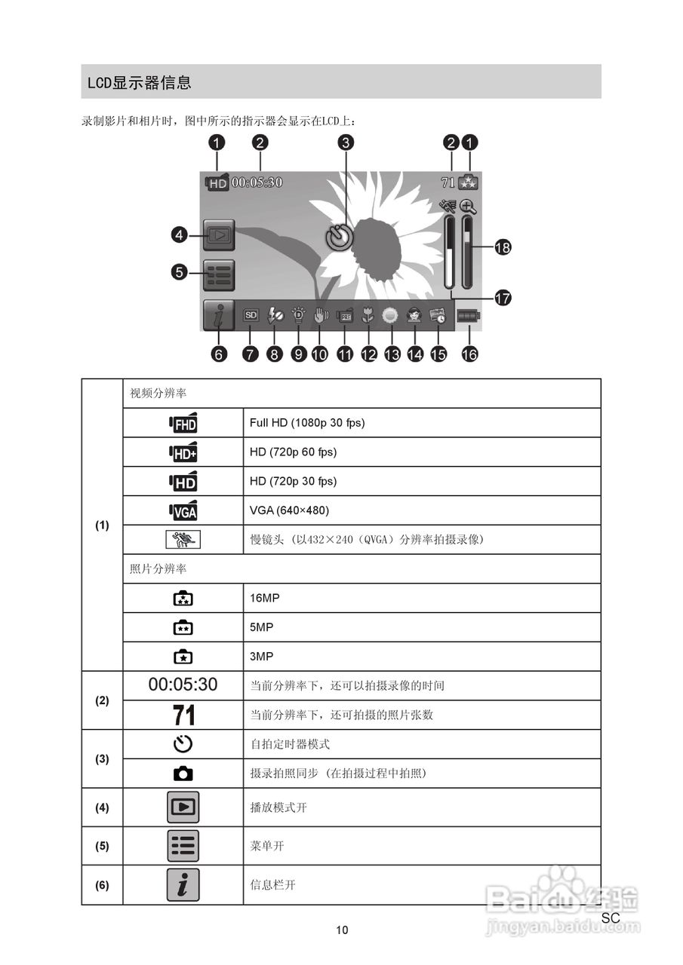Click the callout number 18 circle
point(502,247)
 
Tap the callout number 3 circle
point(346,142)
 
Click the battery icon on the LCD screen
point(468,317)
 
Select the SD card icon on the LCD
point(251,317)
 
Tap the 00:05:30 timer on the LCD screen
point(257,182)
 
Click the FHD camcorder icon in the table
point(183,423)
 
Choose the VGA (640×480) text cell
point(289,510)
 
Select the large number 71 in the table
point(183,715)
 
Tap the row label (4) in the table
point(102,807)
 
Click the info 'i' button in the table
point(183,885)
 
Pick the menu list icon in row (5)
point(183,846)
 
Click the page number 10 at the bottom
point(342,930)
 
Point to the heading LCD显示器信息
point(139,82)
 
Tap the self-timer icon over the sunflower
point(340,237)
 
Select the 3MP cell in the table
point(261,657)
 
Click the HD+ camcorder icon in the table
point(183,452)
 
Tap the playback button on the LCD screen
point(219,235)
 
